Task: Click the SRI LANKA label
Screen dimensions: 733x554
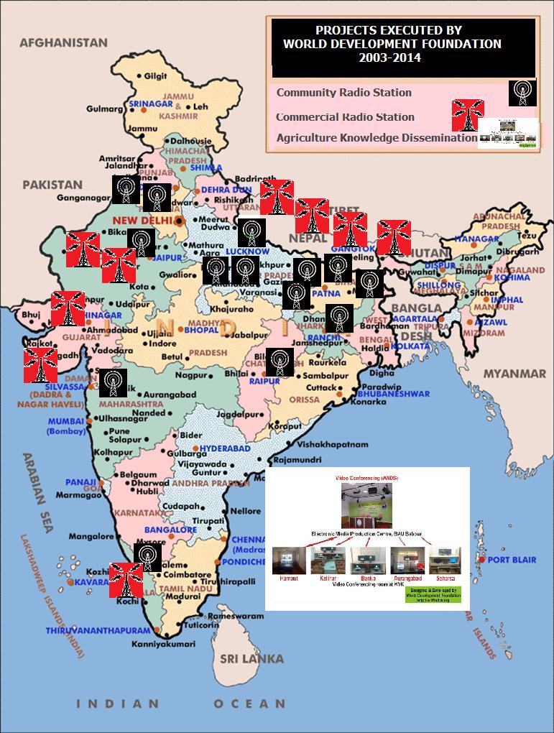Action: [251, 658]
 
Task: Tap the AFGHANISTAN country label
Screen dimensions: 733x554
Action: [63, 43]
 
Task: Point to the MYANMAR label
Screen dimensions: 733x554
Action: [514, 374]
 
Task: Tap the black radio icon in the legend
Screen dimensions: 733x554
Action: [522, 93]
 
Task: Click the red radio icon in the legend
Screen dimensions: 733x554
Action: [468, 115]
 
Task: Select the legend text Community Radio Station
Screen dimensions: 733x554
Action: [343, 93]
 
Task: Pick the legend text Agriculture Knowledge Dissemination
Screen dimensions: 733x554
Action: [377, 137]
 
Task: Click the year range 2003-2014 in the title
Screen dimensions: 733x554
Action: [389, 57]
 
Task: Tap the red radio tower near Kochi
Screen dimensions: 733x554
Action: [126, 579]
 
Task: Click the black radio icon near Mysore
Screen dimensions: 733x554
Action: [147, 557]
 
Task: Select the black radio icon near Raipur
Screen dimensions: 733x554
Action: [280, 362]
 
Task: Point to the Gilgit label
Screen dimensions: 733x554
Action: [155, 75]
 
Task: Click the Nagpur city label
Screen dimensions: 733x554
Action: [191, 374]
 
